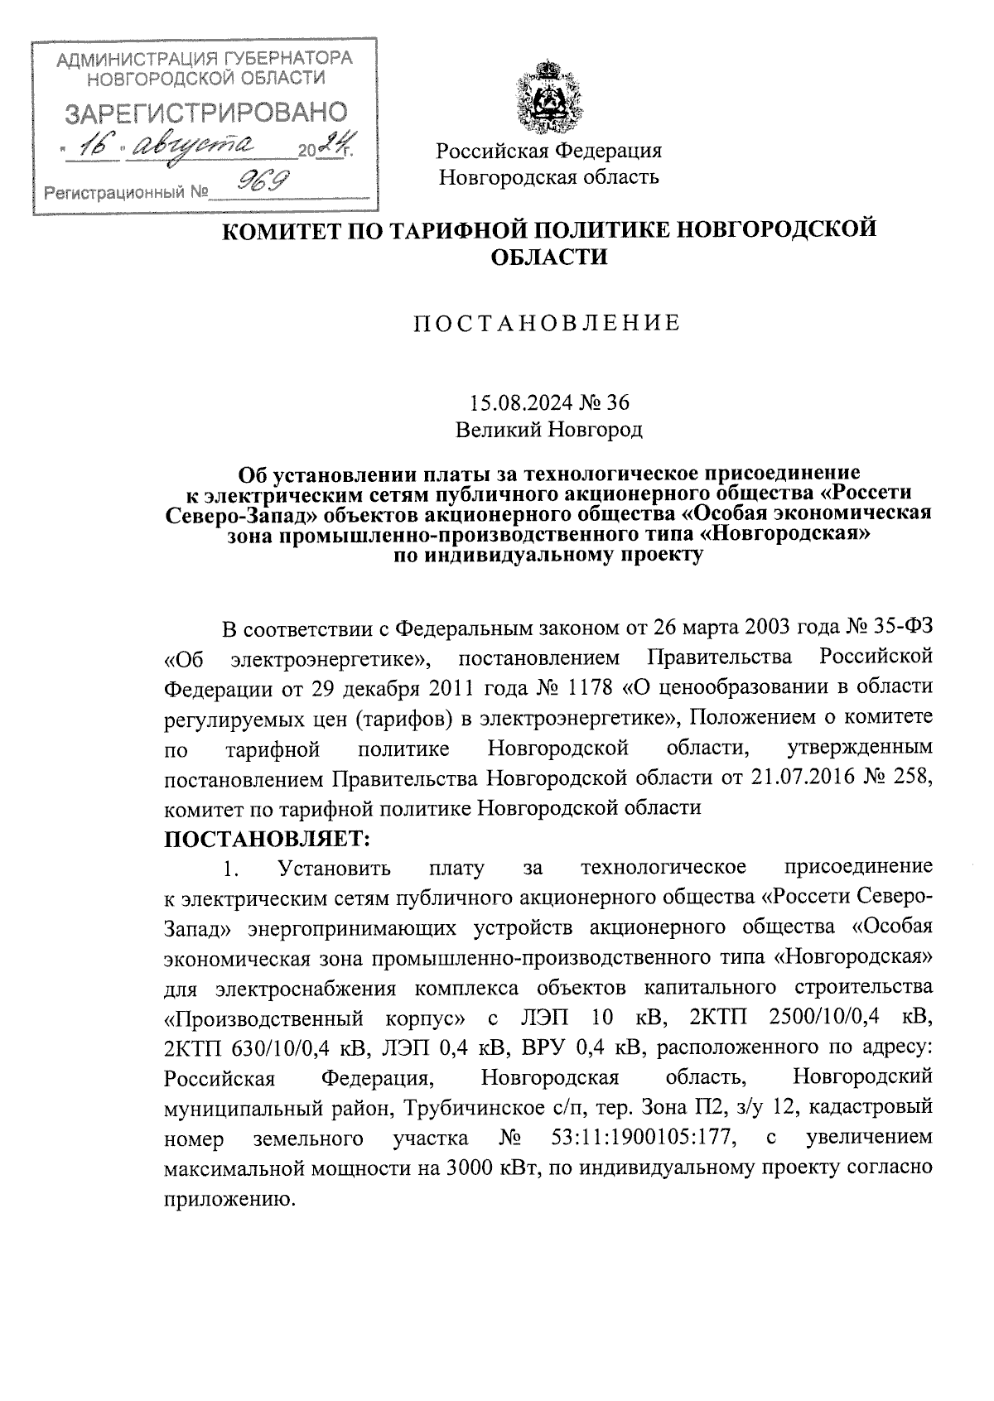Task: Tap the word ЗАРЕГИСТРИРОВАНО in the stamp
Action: pos(206,113)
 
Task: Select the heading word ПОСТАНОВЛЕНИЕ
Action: pos(548,323)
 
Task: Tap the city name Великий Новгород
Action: pos(548,429)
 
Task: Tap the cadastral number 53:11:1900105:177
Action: pos(643,1138)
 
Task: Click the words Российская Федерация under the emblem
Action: pos(549,151)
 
